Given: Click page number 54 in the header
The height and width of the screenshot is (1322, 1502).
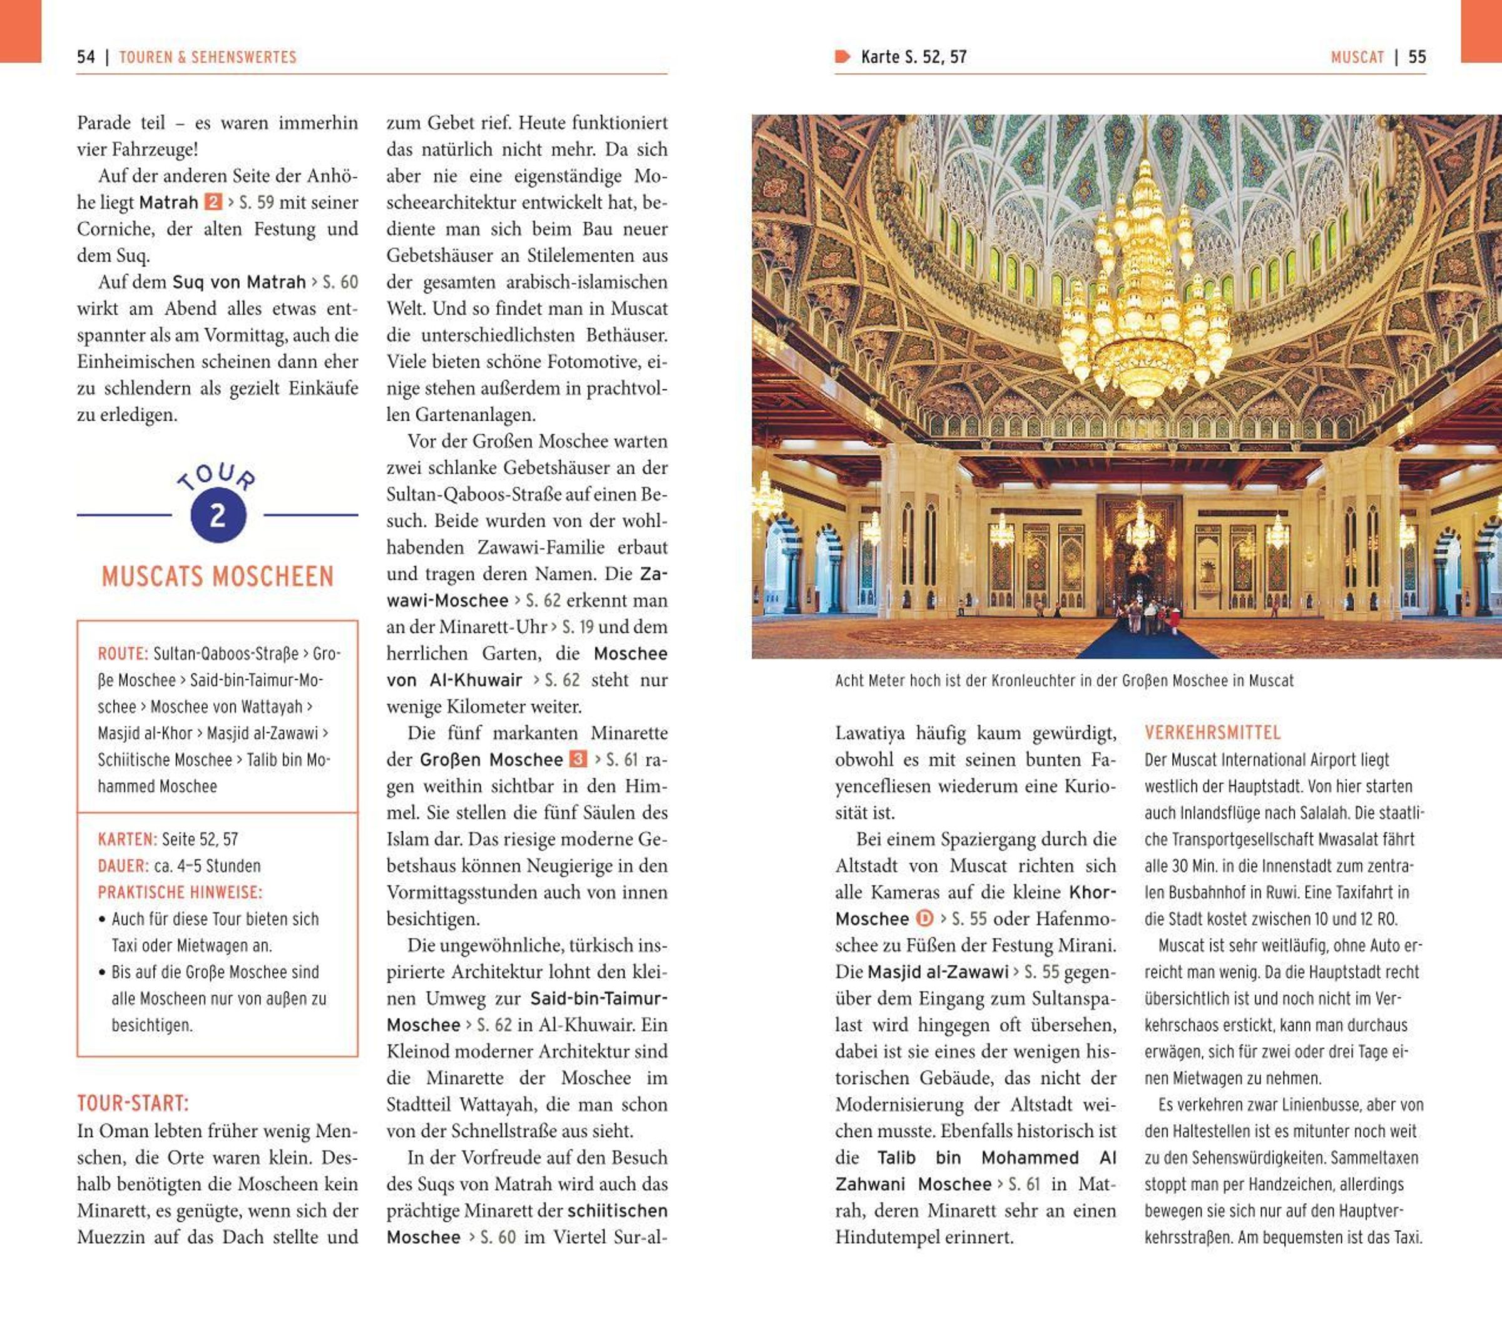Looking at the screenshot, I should (x=86, y=58).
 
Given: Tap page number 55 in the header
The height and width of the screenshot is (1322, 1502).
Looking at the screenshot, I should (x=1417, y=58).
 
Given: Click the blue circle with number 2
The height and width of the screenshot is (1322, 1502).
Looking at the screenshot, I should (x=218, y=515).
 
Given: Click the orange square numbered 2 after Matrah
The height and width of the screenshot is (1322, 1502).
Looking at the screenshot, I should (x=212, y=202).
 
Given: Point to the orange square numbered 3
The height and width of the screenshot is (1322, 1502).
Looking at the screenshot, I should (x=578, y=759).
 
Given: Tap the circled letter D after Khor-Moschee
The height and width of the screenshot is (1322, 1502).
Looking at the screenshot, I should (x=924, y=918).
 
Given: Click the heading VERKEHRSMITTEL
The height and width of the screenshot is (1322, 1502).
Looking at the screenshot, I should (x=1212, y=732).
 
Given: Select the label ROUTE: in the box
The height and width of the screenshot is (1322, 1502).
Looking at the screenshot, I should (x=123, y=653).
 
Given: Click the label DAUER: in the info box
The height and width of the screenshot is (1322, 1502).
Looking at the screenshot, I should (x=123, y=866).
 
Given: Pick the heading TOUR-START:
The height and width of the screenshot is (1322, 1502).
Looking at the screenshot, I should (x=133, y=1103).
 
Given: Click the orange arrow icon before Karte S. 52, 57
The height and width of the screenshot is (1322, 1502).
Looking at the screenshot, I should (x=842, y=56).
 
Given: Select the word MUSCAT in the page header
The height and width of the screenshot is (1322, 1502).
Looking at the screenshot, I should (x=1357, y=58).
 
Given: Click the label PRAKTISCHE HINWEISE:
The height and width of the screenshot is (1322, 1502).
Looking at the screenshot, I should (x=180, y=892).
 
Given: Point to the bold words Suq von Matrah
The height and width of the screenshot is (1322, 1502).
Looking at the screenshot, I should (x=239, y=282).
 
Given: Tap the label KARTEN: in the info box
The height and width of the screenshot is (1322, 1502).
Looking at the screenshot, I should (x=127, y=839).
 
